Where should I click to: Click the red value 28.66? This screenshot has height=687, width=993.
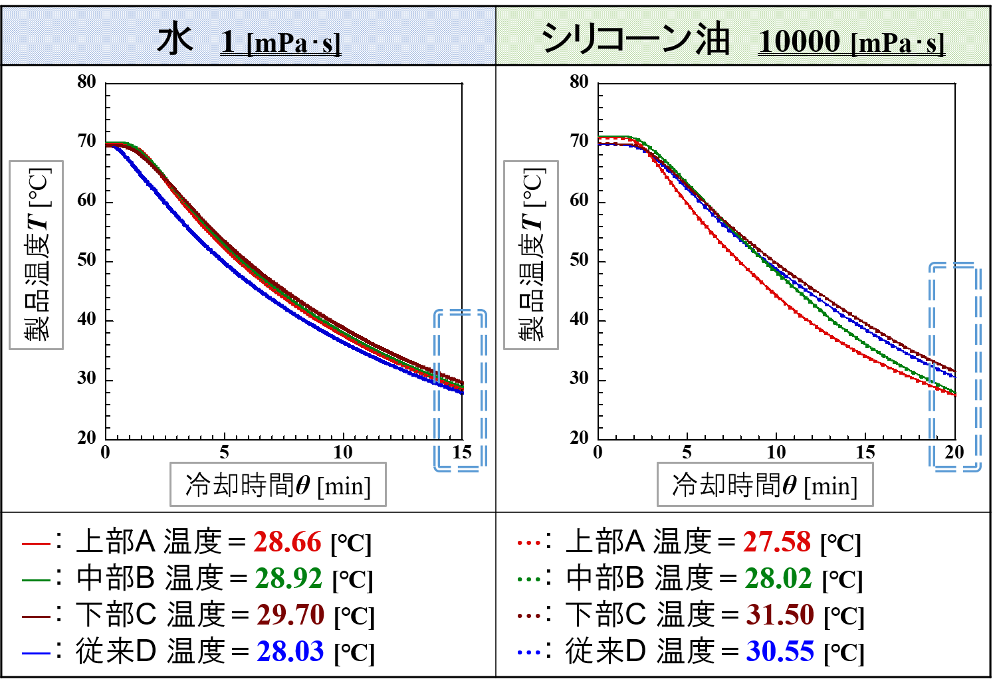(x=287, y=542)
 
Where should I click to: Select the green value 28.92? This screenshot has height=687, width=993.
(x=288, y=579)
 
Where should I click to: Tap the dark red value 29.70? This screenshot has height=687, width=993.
(x=290, y=615)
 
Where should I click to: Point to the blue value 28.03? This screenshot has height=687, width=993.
(x=290, y=652)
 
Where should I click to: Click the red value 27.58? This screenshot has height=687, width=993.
(x=776, y=542)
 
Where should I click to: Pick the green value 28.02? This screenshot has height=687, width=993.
(x=778, y=579)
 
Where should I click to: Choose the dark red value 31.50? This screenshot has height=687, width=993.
(x=780, y=615)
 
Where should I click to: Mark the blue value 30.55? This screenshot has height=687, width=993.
(x=780, y=652)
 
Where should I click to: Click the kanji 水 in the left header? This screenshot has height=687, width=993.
(x=175, y=40)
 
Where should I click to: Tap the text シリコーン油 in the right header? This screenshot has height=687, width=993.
(x=635, y=39)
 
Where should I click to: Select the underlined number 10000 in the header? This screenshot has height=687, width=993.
(x=800, y=41)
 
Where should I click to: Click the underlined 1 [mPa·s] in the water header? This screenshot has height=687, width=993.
(x=280, y=43)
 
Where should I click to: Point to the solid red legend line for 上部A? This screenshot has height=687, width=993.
(x=36, y=543)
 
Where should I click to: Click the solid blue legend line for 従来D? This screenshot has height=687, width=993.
(x=36, y=653)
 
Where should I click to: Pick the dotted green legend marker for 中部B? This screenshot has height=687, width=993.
(x=529, y=579)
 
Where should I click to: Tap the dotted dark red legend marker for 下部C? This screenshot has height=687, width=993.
(x=529, y=616)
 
